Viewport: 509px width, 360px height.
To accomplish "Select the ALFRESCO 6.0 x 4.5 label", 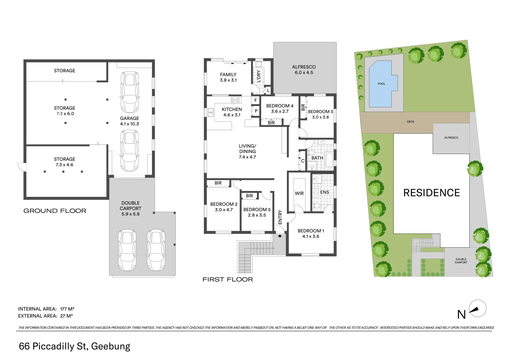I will point(304,70).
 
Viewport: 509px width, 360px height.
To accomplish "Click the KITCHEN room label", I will point(232,109).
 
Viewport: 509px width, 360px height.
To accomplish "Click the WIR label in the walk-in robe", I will point(299,193).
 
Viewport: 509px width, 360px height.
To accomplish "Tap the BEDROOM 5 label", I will point(257,210).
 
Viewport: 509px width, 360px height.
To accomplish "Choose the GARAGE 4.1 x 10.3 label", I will point(129,121).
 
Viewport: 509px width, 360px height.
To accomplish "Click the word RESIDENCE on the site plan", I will point(431,193).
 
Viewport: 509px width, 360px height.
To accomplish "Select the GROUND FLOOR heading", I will point(55,211).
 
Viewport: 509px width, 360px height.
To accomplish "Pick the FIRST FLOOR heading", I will point(228,279).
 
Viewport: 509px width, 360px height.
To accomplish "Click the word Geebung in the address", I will point(110,346).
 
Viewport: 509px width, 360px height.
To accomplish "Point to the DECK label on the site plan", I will point(410,122).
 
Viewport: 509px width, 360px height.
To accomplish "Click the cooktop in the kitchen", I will point(235,99).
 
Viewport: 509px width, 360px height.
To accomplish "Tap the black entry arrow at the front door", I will point(280,236).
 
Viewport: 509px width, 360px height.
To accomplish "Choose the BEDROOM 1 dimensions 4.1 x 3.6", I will point(311,237).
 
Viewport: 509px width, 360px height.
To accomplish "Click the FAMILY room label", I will point(228,75).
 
